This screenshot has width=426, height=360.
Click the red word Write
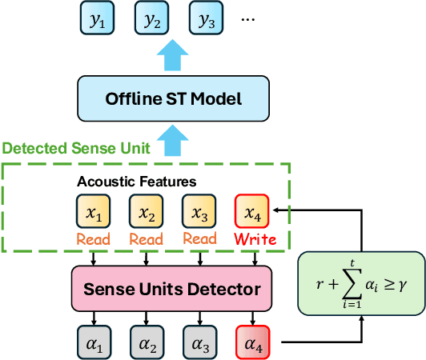coord(254,239)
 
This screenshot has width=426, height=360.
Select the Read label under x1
coord(94,239)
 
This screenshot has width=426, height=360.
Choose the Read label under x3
coord(199,239)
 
